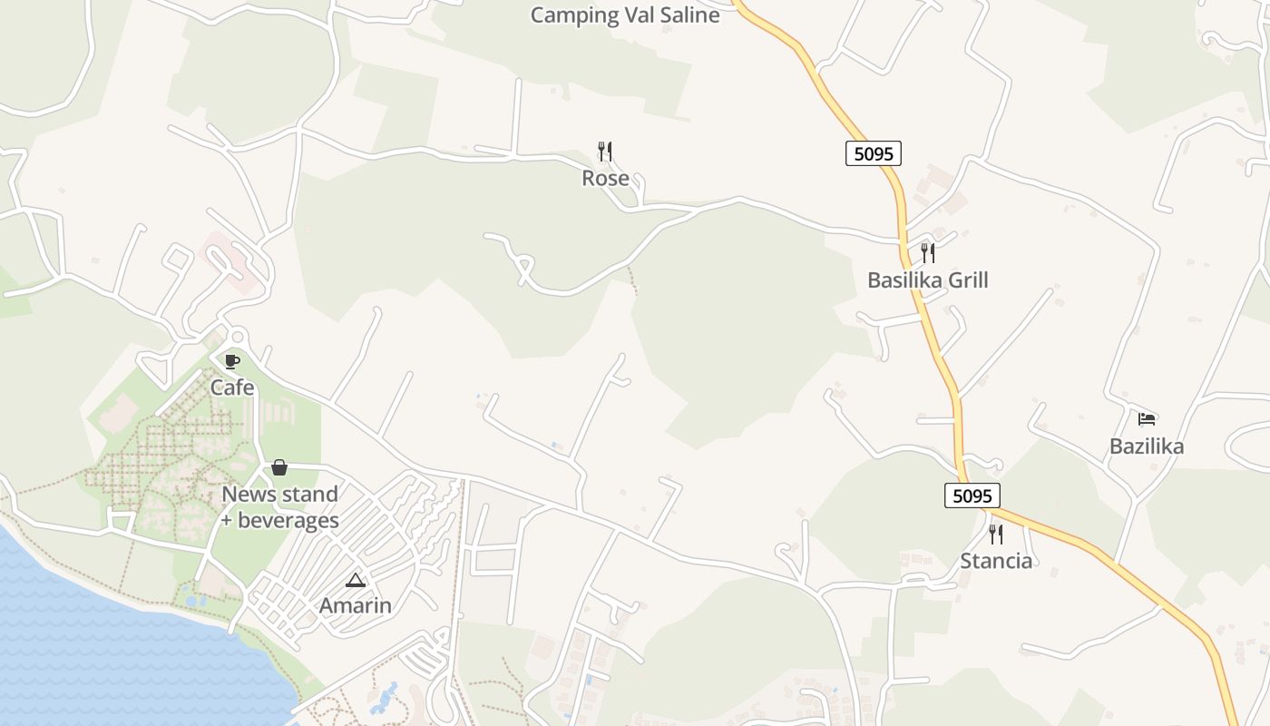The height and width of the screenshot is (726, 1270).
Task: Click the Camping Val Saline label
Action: tap(625, 15)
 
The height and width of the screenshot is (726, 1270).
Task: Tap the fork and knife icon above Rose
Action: tap(605, 152)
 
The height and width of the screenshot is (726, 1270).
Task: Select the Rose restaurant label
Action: tap(605, 178)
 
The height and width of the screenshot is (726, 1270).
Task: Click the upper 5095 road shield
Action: tap(874, 153)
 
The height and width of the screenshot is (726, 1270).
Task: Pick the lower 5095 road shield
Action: tap(972, 495)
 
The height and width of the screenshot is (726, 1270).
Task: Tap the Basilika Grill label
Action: tap(927, 280)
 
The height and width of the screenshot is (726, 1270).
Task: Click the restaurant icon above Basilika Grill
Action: tap(927, 252)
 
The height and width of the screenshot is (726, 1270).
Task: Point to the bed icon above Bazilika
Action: tap(1147, 419)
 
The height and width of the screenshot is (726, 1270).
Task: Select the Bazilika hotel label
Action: tap(1147, 446)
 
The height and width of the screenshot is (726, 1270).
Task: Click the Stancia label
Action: tap(996, 560)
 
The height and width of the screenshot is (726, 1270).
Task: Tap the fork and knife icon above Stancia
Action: tap(996, 534)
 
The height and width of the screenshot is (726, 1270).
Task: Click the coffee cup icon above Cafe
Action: tap(232, 361)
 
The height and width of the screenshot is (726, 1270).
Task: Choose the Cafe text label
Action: tap(232, 388)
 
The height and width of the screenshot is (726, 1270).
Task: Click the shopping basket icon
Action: tap(279, 467)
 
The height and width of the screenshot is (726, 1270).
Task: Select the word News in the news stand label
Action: tap(248, 495)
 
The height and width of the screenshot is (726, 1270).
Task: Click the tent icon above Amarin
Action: tap(355, 580)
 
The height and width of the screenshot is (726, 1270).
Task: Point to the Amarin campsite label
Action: tap(355, 605)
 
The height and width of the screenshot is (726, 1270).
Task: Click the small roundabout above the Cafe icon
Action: tap(237, 337)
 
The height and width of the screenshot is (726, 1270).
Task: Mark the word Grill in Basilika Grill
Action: tap(968, 280)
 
